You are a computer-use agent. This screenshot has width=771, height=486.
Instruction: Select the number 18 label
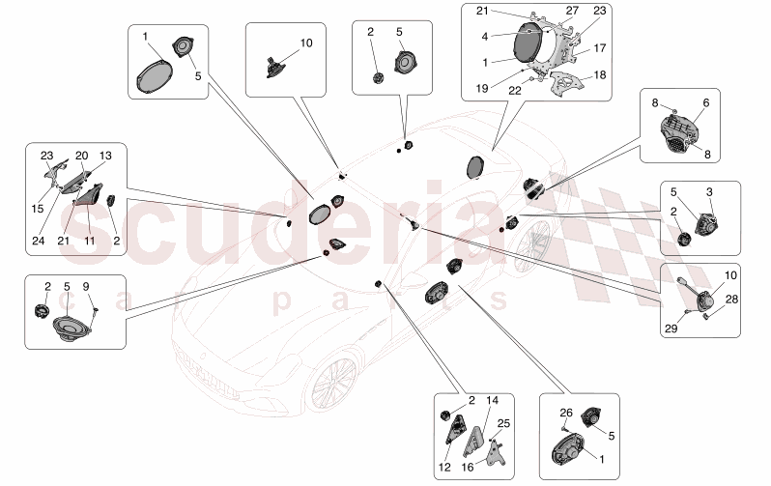coord(599,73)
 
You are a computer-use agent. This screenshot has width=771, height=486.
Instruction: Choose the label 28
coord(731,300)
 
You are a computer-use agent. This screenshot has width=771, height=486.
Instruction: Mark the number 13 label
coord(105,155)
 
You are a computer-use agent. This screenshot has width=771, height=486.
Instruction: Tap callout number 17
coord(599,46)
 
